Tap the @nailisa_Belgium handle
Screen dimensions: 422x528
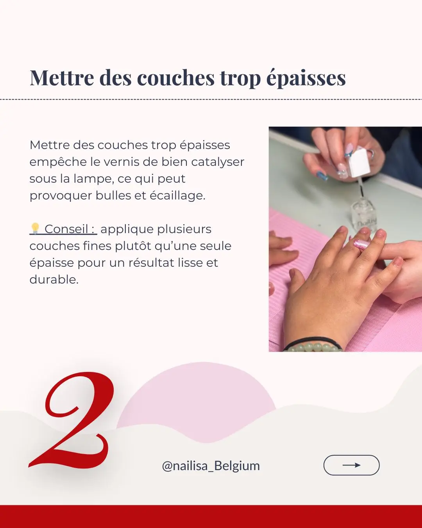[x=211, y=466]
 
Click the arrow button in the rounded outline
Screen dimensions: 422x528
[x=351, y=465]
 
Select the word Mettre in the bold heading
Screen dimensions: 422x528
[x=62, y=77]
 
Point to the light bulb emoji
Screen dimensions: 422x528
[x=35, y=228]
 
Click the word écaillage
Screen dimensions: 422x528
[x=177, y=196]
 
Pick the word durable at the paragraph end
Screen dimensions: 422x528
[x=54, y=280]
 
